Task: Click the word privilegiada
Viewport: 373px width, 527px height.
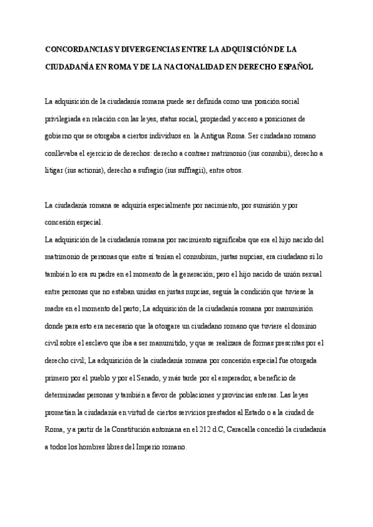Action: point(67,118)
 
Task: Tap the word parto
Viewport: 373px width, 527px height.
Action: point(127,309)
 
